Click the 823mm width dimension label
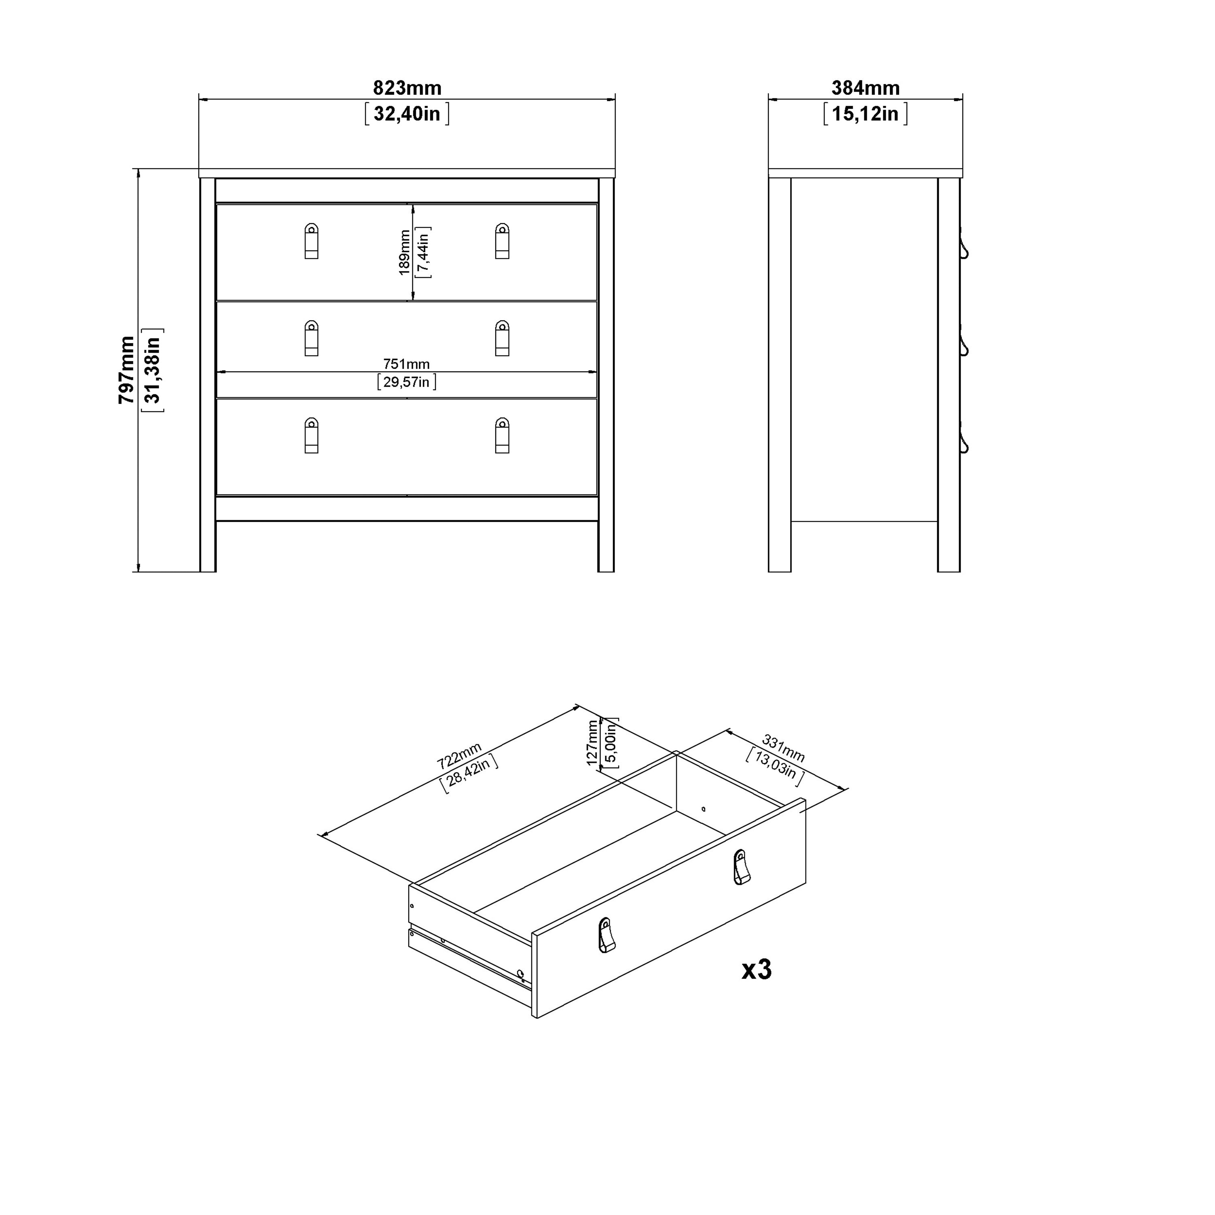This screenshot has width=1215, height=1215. click(407, 87)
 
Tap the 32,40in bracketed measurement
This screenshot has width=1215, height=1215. click(407, 114)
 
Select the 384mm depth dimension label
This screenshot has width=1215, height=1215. click(865, 87)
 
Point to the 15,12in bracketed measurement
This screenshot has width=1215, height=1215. click(865, 114)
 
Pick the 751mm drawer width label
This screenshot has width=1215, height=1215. click(406, 364)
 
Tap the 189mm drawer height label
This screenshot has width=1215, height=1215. click(404, 252)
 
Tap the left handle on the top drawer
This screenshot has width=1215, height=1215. click(311, 241)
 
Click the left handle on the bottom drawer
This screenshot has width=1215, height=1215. click(311, 435)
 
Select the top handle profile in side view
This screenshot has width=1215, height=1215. click(963, 243)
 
